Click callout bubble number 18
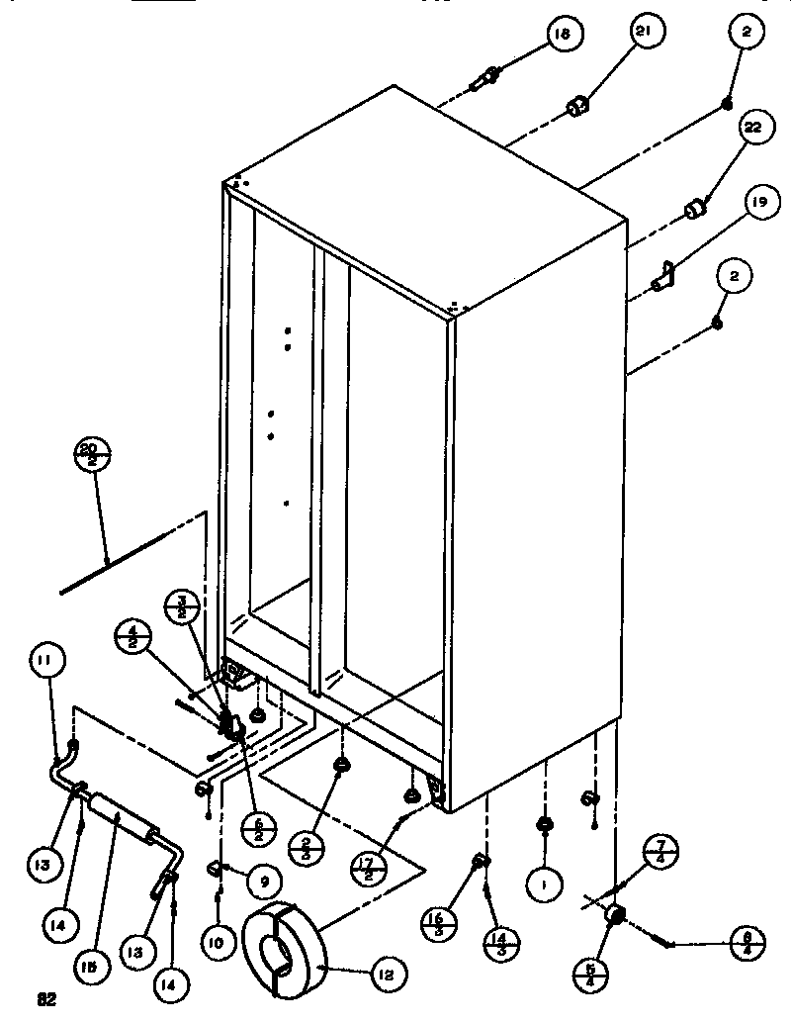[562, 36]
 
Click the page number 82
[44, 999]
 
